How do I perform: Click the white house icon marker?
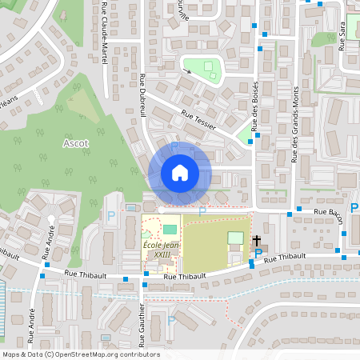[180, 173]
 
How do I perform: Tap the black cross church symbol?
[257, 240]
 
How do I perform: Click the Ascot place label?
[75, 143]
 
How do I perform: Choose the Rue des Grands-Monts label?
[294, 124]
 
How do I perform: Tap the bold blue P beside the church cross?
[258, 254]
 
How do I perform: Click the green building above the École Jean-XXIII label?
[169, 230]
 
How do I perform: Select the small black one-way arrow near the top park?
[189, 71]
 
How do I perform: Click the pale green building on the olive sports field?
[234, 238]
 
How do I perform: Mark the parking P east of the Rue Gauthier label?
[171, 322]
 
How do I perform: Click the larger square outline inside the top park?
[209, 67]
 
